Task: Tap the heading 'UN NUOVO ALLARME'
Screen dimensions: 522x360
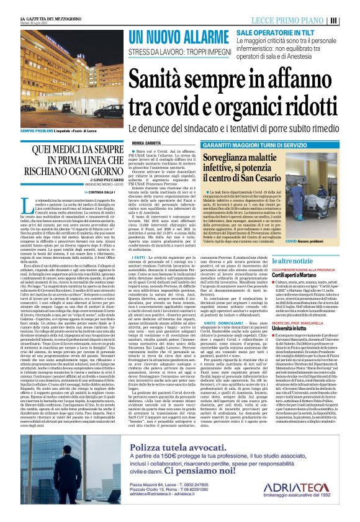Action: [x=176, y=37]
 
